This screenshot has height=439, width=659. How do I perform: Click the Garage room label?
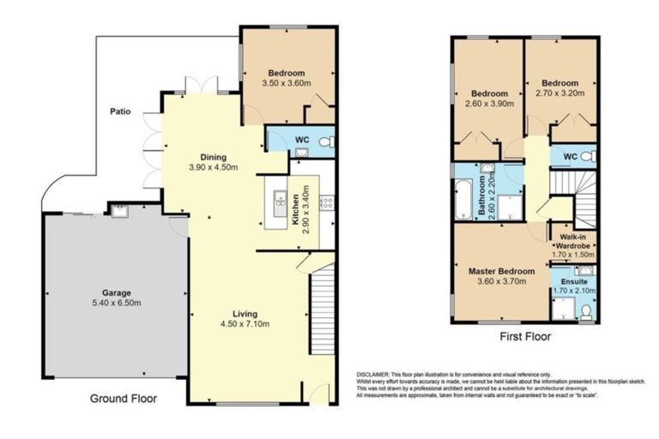(116, 292)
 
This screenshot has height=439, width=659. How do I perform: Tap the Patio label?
(119, 112)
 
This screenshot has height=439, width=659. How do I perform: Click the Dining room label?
(213, 157)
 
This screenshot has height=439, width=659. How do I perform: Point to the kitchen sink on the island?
(280, 201)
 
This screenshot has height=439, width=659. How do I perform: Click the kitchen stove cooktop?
(326, 202)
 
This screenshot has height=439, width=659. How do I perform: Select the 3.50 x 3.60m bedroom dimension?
(284, 83)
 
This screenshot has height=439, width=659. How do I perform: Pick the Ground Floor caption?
(124, 399)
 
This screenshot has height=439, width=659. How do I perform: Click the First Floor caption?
(524, 337)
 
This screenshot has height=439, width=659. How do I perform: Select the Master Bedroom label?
(501, 272)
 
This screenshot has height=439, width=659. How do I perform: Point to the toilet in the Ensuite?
(585, 313)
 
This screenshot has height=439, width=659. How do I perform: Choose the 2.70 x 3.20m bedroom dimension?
(559, 93)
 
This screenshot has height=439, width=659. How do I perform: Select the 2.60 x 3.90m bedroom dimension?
(489, 104)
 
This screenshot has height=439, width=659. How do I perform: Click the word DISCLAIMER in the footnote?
(372, 376)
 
